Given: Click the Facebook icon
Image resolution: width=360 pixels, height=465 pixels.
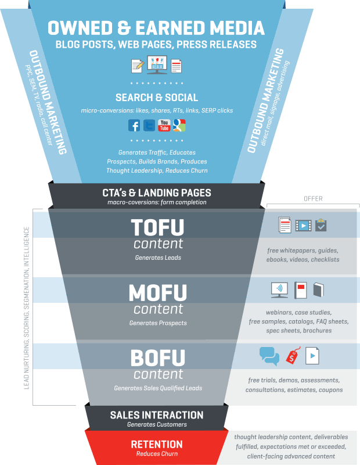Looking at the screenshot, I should coord(134,125).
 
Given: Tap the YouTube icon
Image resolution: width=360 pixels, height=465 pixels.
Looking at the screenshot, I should coord(164,125).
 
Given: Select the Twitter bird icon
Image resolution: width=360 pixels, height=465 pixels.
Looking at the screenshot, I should coord(149,125).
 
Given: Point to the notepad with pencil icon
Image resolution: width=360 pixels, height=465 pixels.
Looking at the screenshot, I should coord(138,65).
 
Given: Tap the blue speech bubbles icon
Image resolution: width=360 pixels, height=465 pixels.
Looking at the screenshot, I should coord(269,355).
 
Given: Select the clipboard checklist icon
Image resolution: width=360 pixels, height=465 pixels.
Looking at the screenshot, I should coord(321,225).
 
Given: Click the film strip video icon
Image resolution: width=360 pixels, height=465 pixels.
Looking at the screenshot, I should coord(304,225).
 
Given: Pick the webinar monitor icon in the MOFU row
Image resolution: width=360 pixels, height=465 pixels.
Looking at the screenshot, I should coord(279,289).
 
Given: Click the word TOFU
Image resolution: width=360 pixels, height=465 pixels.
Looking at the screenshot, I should coord(157,227).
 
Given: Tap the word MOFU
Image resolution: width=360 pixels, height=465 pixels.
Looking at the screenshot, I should coord(157,292).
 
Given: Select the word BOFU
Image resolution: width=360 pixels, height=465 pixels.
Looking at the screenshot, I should coord(157,357).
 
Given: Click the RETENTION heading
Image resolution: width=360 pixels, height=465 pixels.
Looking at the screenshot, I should coord(157,444).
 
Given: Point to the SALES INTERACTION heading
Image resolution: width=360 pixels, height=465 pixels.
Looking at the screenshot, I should coord(157,415).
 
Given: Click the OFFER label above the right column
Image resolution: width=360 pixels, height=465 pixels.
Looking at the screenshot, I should coord(313,199).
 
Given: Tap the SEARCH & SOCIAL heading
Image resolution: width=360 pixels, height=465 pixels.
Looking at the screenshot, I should coord(157,98).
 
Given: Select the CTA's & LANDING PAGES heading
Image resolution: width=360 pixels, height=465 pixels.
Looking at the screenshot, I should coord(157,192).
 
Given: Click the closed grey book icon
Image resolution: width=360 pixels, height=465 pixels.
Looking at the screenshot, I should coord(318,289).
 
